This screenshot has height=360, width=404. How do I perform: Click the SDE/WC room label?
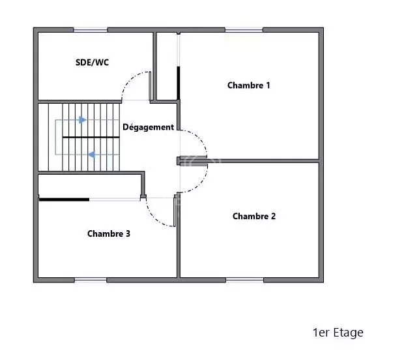(92, 63)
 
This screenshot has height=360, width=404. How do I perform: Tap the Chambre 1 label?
(249, 85)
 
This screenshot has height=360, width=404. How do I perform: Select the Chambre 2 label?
(254, 216)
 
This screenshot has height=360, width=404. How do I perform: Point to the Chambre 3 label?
(109, 233)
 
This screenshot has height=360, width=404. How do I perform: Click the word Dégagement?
(148, 127)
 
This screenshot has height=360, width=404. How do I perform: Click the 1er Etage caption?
(338, 333)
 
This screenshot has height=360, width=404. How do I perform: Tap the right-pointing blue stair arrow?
(83, 119)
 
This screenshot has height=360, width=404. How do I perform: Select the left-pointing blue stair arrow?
(92, 155)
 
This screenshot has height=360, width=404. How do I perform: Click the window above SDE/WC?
(91, 30)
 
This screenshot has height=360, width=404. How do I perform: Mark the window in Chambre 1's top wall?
(244, 30)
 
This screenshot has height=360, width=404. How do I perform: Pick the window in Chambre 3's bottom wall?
(91, 280)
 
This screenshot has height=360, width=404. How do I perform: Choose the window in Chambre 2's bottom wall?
(245, 280)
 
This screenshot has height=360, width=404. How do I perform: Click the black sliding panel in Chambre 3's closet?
(64, 200)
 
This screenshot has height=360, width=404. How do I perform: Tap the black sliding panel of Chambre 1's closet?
(179, 83)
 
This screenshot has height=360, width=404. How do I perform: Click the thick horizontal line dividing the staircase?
(91, 137)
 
